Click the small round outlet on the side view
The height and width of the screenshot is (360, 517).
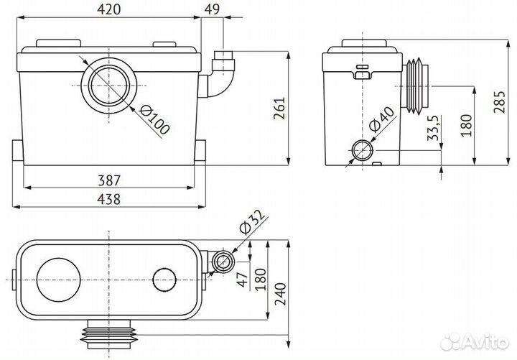361,151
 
